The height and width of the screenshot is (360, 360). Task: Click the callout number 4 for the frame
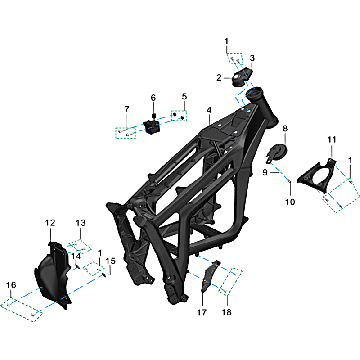[x=209, y=110]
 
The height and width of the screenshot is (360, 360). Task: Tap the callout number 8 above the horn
[x=285, y=129]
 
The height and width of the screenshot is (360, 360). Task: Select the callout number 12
[x=50, y=223]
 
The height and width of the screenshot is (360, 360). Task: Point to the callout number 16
[x=11, y=285]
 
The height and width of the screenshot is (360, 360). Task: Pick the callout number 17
[x=202, y=312]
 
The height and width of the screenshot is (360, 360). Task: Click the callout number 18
[x=227, y=312]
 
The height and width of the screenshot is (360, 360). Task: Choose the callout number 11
[x=332, y=139]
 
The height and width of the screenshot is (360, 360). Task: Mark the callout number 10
[x=290, y=202]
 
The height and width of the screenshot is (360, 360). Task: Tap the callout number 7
[x=127, y=109]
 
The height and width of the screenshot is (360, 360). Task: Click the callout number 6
[x=153, y=98]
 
